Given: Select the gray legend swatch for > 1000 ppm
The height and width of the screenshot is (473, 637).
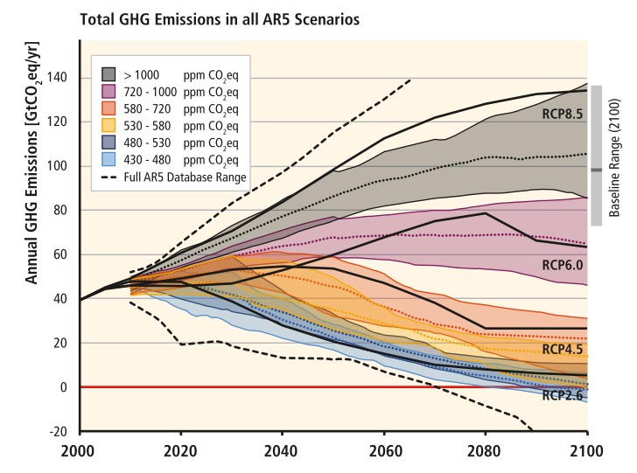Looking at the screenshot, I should pyautogui.click(x=109, y=73).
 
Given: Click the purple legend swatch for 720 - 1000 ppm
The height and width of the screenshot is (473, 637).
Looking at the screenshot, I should pyautogui.click(x=109, y=90).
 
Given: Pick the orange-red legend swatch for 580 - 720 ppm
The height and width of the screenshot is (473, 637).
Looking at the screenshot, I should pyautogui.click(x=109, y=107).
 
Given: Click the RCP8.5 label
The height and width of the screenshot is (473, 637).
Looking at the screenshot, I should pyautogui.click(x=563, y=114).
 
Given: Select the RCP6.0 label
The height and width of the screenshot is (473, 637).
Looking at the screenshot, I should pyautogui.click(x=563, y=264).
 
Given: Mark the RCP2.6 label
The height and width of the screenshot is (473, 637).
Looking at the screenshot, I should pyautogui.click(x=563, y=395).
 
